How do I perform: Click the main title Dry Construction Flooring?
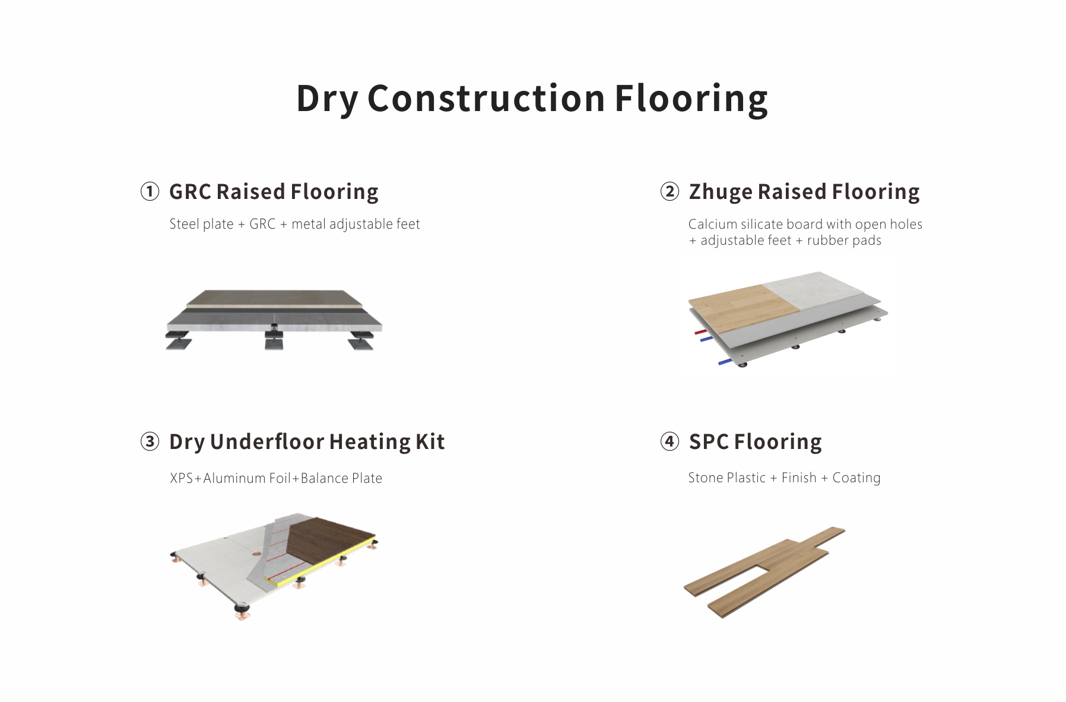coord(532,99)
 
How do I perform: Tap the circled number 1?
coord(150,192)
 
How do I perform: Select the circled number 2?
coord(670,192)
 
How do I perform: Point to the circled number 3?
coord(150,442)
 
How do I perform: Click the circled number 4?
coord(670,442)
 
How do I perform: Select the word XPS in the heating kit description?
coord(181,478)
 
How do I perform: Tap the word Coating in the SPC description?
coord(856,478)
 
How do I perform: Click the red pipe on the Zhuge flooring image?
coord(700,332)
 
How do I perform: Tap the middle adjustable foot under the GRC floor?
coord(274,336)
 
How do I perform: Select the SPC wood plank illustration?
coord(764,572)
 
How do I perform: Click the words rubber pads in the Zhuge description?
coord(844,241)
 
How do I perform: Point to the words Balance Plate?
coord(341,478)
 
